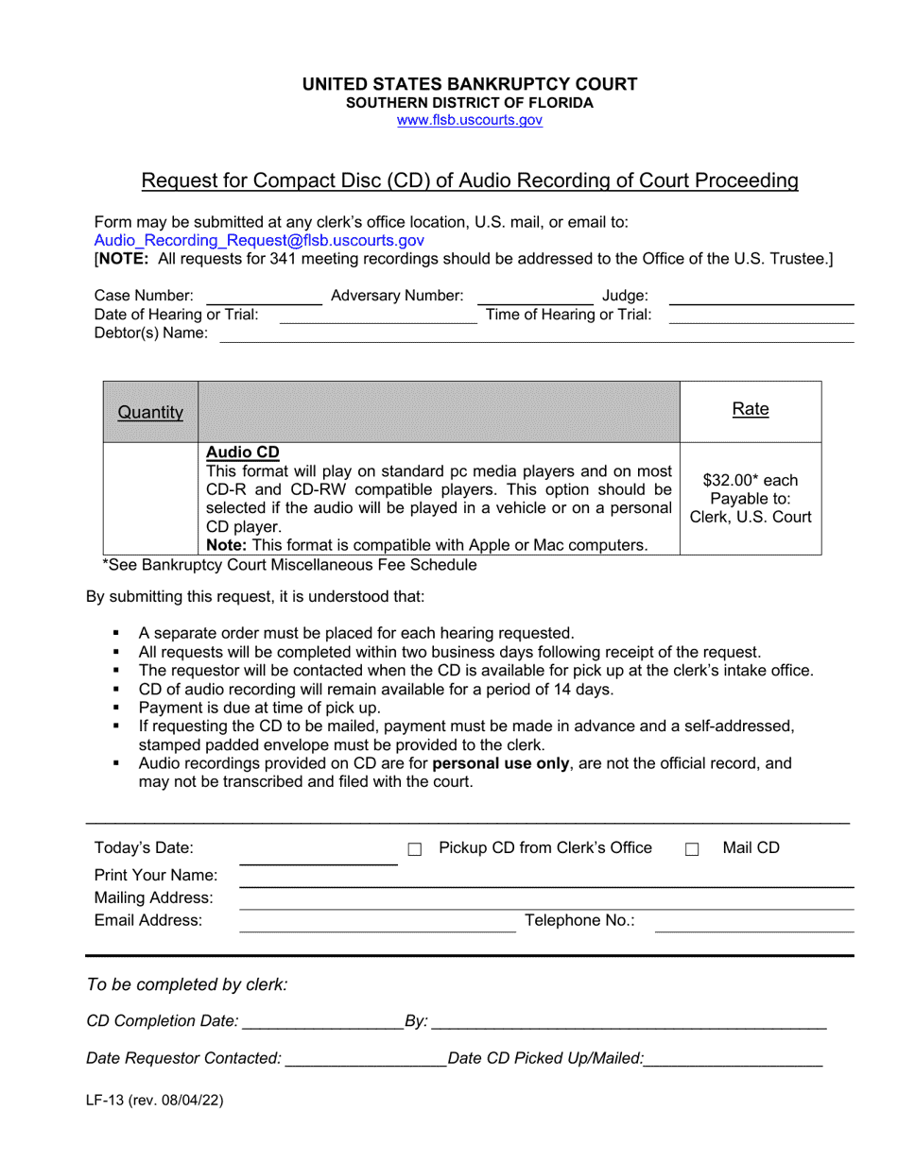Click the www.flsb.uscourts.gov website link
pyautogui.click(x=470, y=120)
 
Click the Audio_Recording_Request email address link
pyautogui.click(x=259, y=241)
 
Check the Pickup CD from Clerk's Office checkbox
pyautogui.click(x=414, y=849)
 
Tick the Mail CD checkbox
pyautogui.click(x=692, y=849)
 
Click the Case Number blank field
pyautogui.click(x=264, y=298)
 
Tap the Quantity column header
pyautogui.click(x=150, y=412)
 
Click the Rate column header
pyautogui.click(x=751, y=409)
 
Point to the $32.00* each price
pyautogui.click(x=751, y=479)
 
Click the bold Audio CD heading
pyautogui.click(x=243, y=452)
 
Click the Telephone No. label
pyautogui.click(x=579, y=921)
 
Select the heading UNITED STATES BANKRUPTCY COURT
pyautogui.click(x=470, y=84)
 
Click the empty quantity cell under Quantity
pyautogui.click(x=150, y=498)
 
